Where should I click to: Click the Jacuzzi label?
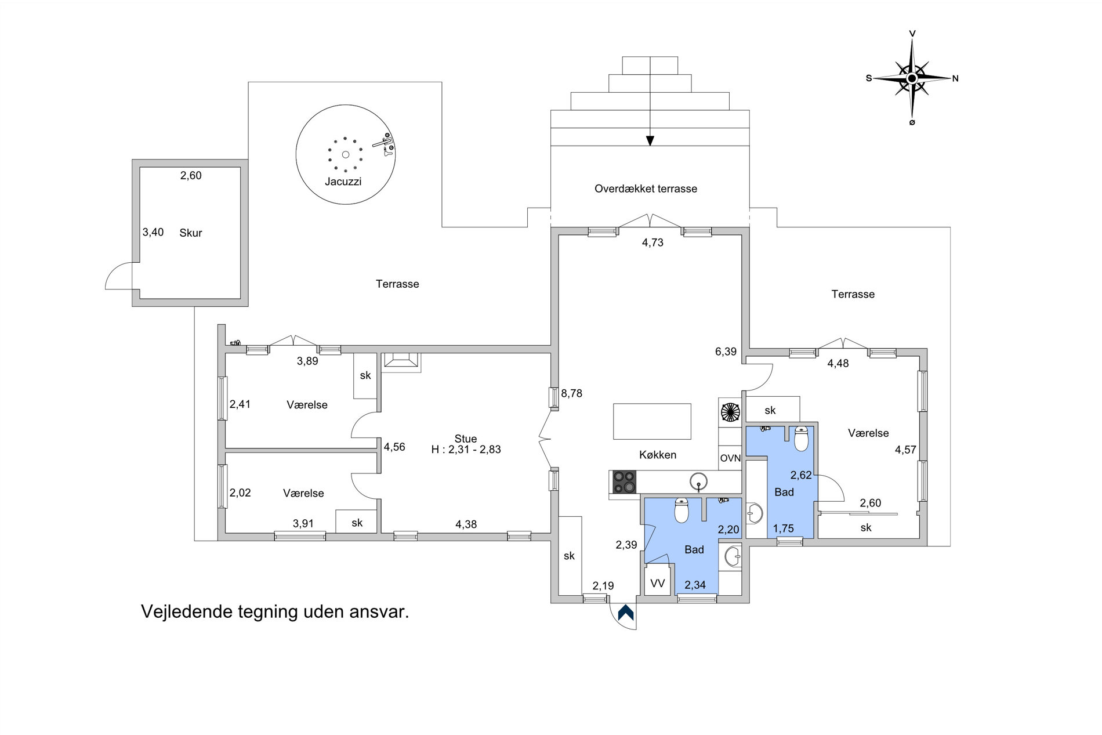coord(343,182)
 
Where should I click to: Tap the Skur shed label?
coord(191,233)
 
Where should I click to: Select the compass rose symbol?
coord(912,78)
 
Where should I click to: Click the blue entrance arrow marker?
coord(626,613)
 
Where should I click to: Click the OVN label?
coord(730,458)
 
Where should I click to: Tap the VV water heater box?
coord(657,583)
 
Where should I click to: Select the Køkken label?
coord(658,455)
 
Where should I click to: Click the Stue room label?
coord(466,439)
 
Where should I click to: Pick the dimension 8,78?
coord(571,393)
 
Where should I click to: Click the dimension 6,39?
coord(726,352)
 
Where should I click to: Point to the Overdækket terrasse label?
coord(646,189)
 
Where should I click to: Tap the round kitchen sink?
coord(699,481)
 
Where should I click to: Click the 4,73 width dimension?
coord(652,242)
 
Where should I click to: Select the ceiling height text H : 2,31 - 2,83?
coord(466,450)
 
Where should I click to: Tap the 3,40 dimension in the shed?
coord(153,232)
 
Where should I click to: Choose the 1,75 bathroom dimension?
coord(784,528)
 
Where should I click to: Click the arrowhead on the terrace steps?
coord(650,140)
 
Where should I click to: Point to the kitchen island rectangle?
coord(652,421)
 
